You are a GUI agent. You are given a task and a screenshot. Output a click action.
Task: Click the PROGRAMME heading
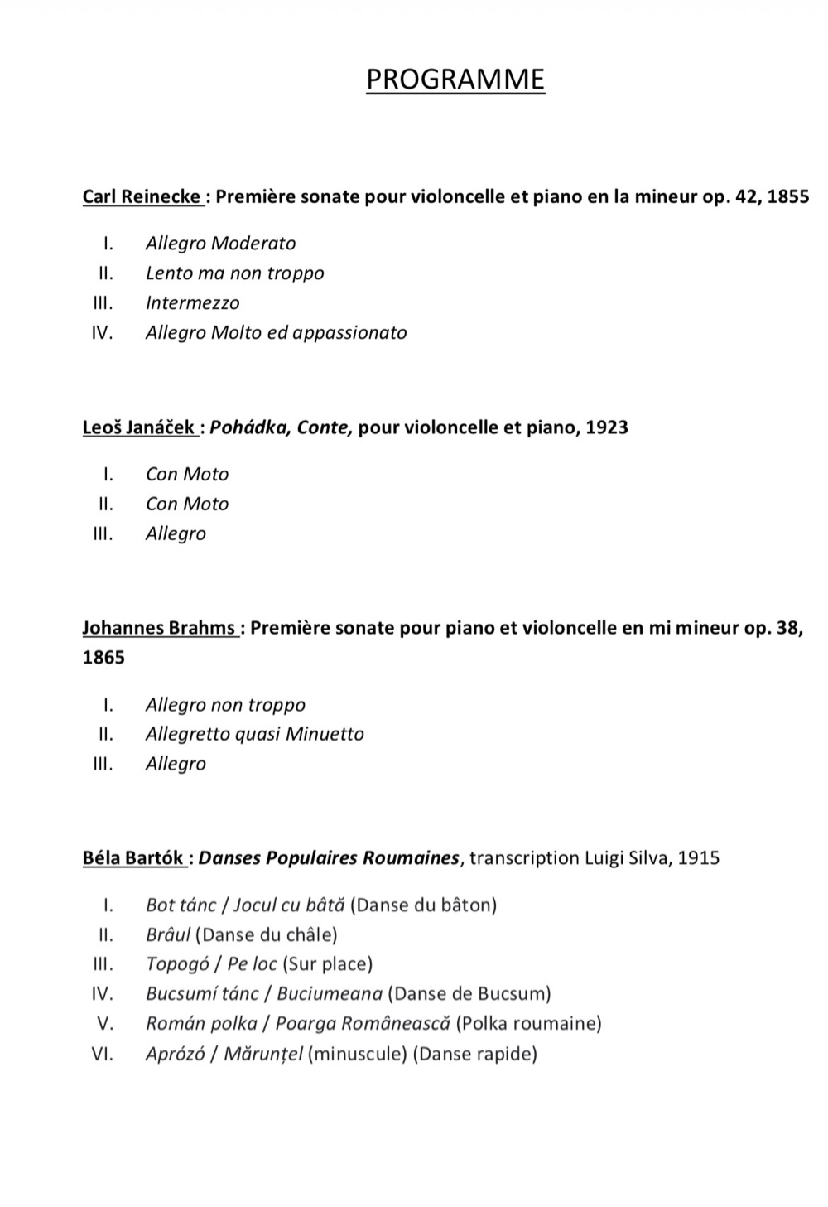pos(455,80)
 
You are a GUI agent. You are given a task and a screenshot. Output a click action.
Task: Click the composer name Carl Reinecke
pos(141,197)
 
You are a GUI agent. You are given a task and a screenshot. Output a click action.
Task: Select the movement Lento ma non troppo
pos(234,273)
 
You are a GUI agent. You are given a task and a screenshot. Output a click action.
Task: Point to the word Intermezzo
pos(192,303)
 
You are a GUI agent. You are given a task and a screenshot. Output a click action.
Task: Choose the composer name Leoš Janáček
pos(138,428)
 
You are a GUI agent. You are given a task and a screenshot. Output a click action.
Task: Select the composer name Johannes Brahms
pos(159,628)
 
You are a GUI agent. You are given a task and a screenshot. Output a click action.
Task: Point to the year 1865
pos(103,658)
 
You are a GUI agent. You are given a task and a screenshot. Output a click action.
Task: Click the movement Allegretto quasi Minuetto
pos(254,734)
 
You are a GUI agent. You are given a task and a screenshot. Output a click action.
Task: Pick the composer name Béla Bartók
pos(132,858)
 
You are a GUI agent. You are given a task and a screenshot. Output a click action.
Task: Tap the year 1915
pos(698,858)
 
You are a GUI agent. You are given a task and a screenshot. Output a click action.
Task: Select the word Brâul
pos(168,935)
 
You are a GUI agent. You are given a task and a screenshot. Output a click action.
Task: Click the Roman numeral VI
pos(103,1055)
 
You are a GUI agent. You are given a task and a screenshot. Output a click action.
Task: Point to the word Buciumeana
pos(330,994)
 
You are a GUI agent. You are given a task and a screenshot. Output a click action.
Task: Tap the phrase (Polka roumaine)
pos(528,1024)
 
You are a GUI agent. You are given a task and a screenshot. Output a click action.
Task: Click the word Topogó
pos(176,965)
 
